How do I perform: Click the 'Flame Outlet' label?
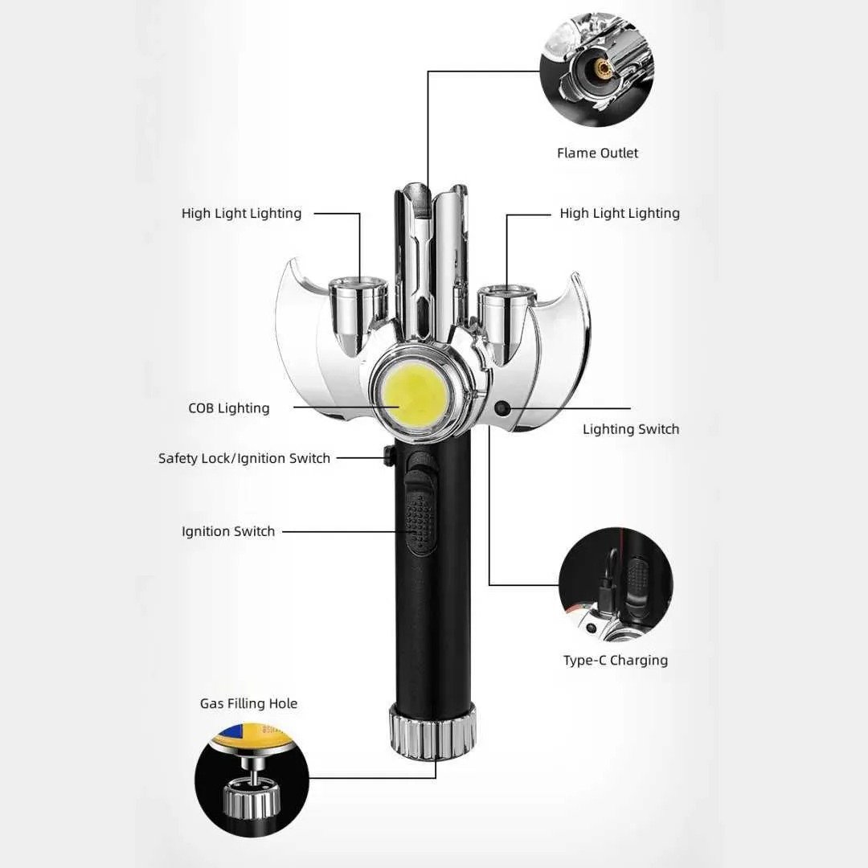coord(597,153)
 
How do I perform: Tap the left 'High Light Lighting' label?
coord(241,214)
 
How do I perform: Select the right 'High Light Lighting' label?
coord(620,214)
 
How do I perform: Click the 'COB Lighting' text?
coord(228,408)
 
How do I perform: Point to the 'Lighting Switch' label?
coord(631,429)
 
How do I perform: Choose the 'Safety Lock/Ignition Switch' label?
coord(244,458)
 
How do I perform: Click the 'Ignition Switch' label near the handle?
coord(228,531)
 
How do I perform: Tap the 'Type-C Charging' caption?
coord(616,661)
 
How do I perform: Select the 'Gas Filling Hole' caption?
coord(248,703)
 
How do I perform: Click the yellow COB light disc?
coord(416,395)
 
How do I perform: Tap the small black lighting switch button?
coord(502,408)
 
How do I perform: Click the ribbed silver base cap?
coord(432,731)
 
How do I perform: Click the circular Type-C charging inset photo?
coord(616,584)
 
